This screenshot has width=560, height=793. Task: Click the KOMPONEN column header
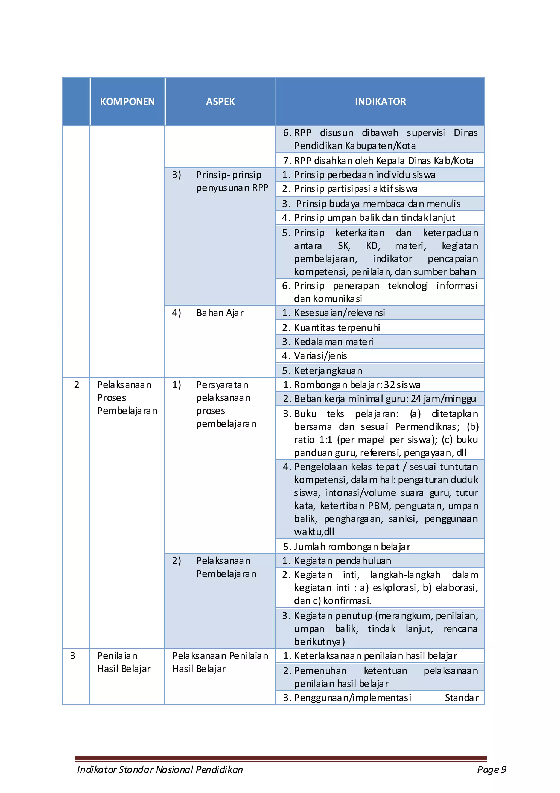tap(127, 101)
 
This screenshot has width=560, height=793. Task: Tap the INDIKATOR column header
tap(380, 101)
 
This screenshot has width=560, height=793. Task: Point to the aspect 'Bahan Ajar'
tap(220, 313)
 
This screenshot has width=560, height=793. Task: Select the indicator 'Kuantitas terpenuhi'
tap(337, 327)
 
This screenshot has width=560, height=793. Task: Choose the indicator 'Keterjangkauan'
tap(328, 371)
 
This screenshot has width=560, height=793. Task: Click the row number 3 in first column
tap(72, 655)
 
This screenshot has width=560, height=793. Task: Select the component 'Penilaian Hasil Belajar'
tap(124, 662)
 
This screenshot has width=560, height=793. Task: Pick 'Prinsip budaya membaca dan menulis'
tap(378, 204)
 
